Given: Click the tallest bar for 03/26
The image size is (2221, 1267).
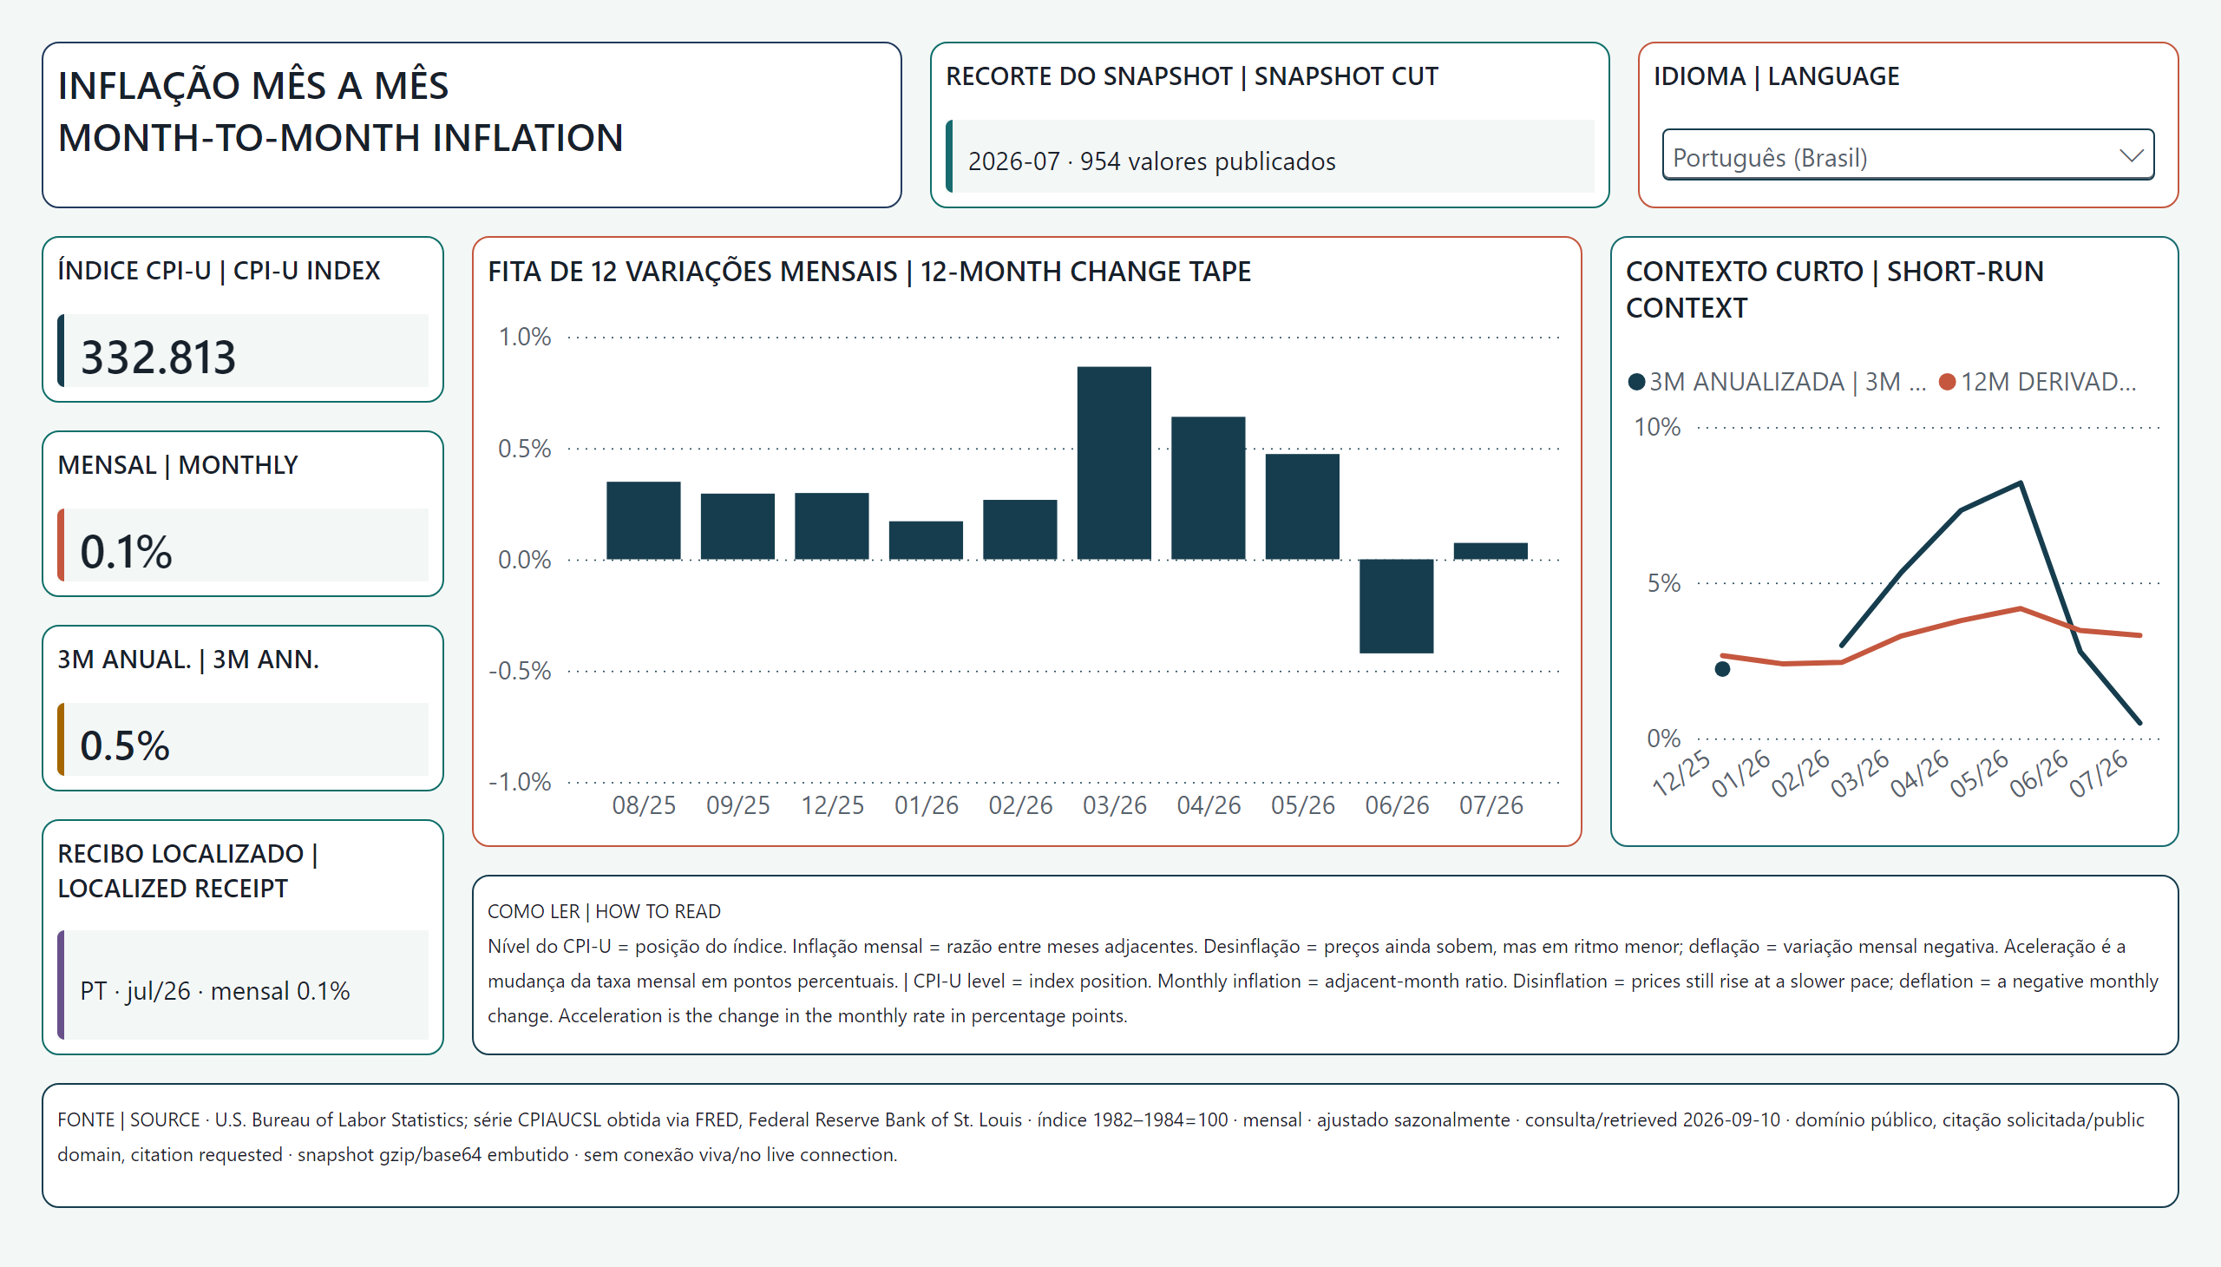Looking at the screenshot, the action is [x=1114, y=463].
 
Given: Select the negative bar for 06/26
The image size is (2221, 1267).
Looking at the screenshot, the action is [x=1396, y=606].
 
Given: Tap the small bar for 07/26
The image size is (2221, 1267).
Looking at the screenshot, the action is [x=1490, y=551].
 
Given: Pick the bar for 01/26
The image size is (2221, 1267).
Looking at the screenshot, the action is [x=926, y=541].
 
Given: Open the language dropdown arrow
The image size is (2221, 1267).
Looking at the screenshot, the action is [x=2131, y=155].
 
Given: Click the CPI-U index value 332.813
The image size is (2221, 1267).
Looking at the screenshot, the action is [x=158, y=357].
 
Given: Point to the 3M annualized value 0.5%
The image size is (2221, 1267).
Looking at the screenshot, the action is [x=125, y=745].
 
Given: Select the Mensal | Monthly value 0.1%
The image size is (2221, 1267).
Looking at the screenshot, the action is [x=126, y=552].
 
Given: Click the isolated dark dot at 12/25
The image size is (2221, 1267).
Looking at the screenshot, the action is [x=1722, y=669].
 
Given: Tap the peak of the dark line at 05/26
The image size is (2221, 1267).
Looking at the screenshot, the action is [x=2020, y=483].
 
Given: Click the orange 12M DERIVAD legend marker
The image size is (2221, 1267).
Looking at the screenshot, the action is [x=1948, y=382].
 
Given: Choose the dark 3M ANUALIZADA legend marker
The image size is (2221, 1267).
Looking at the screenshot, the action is [x=1636, y=382].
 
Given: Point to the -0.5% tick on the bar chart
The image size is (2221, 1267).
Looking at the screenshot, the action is [x=521, y=671].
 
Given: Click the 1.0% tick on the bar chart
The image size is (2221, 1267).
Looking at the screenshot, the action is [x=525, y=337].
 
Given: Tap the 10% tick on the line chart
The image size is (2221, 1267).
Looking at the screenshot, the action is [x=1657, y=427].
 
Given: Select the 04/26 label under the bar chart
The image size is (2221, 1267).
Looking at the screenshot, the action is [x=1209, y=806].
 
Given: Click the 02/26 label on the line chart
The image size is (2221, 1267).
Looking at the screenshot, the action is [x=1800, y=772].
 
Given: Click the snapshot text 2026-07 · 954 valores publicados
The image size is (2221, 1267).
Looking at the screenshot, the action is [x=1152, y=162].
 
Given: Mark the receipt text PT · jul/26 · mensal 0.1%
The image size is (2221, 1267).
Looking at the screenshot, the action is [x=215, y=991].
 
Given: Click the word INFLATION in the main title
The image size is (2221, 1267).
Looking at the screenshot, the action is [x=527, y=137].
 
